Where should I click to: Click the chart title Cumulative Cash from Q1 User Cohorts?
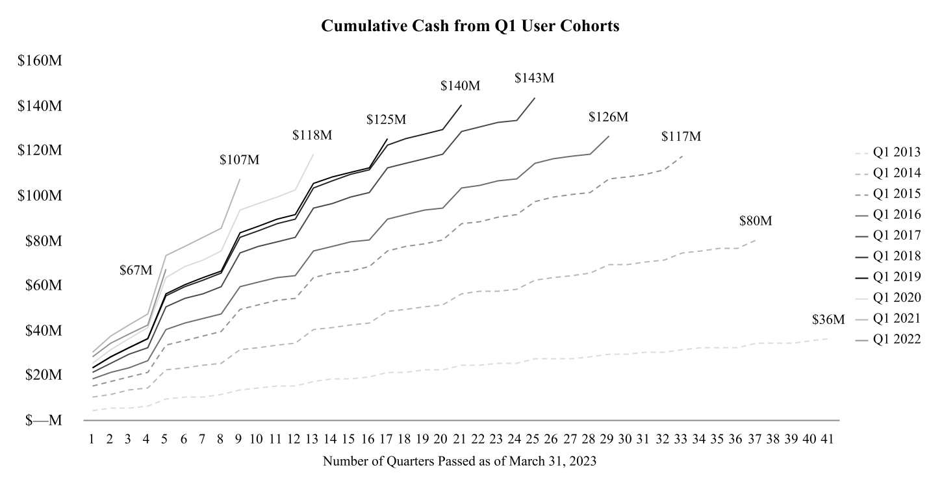(471, 27)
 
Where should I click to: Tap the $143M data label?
(534, 78)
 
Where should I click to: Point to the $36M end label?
(828, 319)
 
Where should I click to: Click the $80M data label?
(756, 221)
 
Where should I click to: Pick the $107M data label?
(239, 160)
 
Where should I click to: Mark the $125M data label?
(386, 119)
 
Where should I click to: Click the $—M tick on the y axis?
(44, 420)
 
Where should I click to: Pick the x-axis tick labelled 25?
(533, 439)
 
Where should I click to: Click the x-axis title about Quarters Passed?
(459, 462)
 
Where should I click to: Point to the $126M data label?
(608, 117)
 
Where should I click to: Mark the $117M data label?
(681, 136)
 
